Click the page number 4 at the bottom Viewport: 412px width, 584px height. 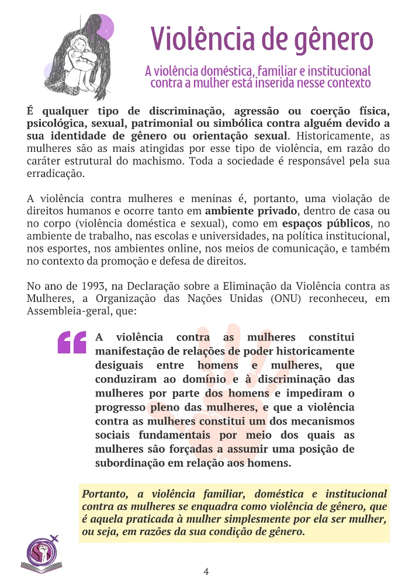pos(206,571)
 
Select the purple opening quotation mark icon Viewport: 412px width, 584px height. pos(72,343)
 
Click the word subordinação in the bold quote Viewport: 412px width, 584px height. pos(130,463)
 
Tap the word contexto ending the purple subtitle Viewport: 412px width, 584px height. pos(346,83)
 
